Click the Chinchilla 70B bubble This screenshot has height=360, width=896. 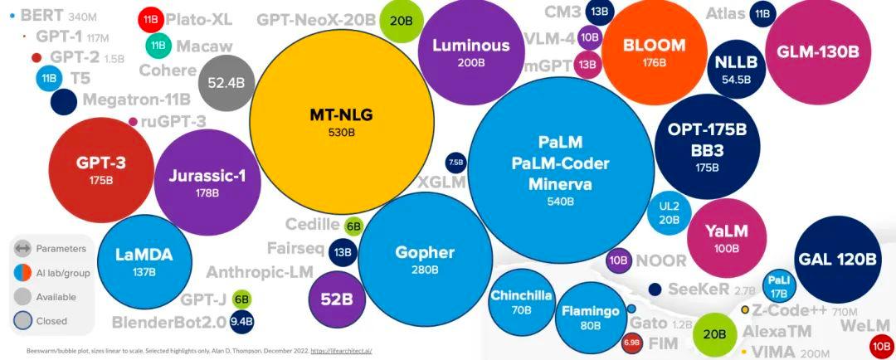521,302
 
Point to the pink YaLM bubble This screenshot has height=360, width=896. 726,237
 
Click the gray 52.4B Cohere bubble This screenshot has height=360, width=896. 226,82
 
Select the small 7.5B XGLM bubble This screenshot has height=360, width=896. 455,162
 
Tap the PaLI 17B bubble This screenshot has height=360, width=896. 779,285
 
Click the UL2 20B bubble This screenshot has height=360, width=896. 669,212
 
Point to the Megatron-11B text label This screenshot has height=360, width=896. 136,100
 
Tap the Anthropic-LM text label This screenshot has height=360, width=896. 260,272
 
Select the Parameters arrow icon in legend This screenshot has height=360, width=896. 22,248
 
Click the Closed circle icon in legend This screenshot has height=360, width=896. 22,320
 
